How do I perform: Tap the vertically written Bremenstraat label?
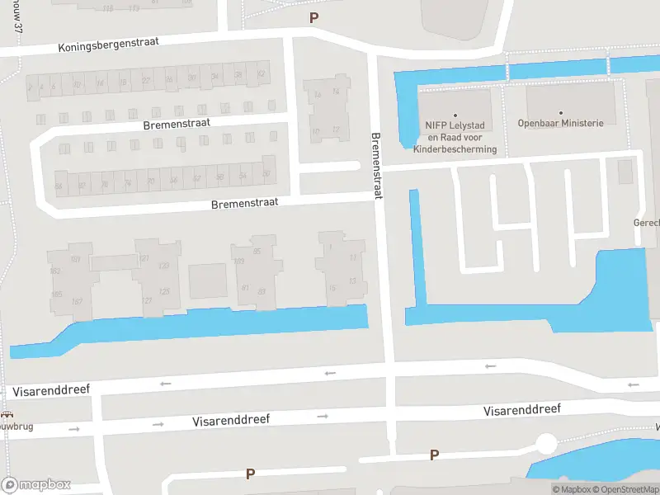tap(376, 167)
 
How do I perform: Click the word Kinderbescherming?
tap(455, 149)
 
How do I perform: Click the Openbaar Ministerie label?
tap(561, 124)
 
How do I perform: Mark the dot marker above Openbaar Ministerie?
tap(561, 112)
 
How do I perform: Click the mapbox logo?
tap(36, 484)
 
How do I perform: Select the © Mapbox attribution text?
tap(570, 489)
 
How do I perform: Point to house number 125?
tap(164, 291)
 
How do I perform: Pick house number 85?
tap(257, 251)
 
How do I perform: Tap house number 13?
tap(353, 280)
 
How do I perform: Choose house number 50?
tap(266, 174)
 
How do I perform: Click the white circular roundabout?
tap(545, 444)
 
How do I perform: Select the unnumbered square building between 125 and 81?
tap(207, 280)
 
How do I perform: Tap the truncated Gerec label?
tap(646, 224)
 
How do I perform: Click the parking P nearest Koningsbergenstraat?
tap(313, 17)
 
